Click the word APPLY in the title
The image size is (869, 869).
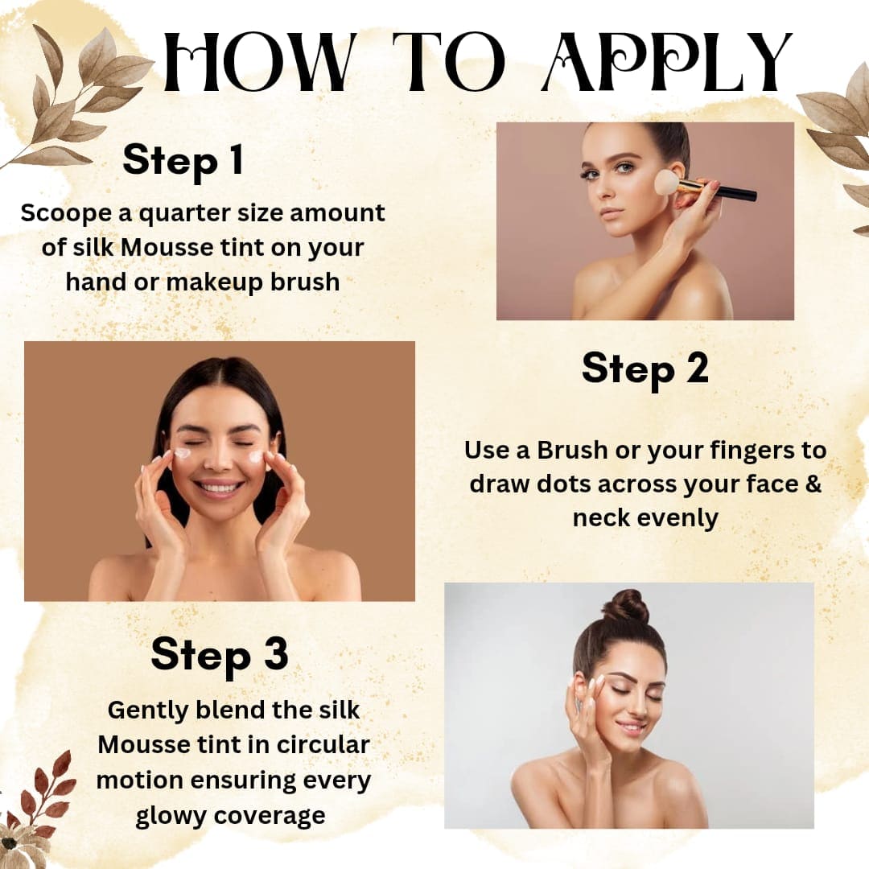[667, 61]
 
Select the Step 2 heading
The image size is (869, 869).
[645, 369]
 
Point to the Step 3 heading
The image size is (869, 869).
[220, 654]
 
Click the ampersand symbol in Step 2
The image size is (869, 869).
[813, 484]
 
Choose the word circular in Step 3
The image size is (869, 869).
[323, 744]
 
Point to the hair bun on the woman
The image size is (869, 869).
[626, 607]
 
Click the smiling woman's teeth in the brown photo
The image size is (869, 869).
[218, 488]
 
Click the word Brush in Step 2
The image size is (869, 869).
[573, 451]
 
